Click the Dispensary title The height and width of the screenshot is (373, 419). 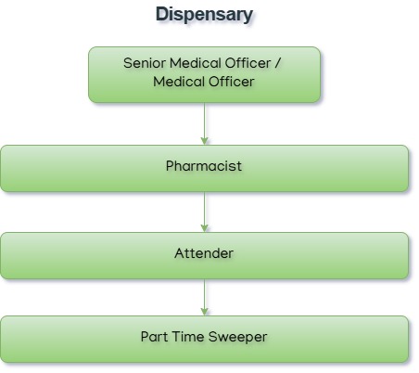204,15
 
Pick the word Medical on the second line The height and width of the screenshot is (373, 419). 180,82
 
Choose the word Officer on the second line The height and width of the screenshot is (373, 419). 232,82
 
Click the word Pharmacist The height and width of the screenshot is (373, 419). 204,167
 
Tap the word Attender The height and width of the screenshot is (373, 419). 204,253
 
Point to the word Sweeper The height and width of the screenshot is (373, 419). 239,338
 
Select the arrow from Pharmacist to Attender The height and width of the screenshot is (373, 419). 204,210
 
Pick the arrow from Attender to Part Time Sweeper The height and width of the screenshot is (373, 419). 204,295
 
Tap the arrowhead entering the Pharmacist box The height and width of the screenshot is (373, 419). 204,140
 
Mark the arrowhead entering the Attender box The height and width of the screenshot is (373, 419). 204,227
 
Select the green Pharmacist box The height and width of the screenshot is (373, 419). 74,168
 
